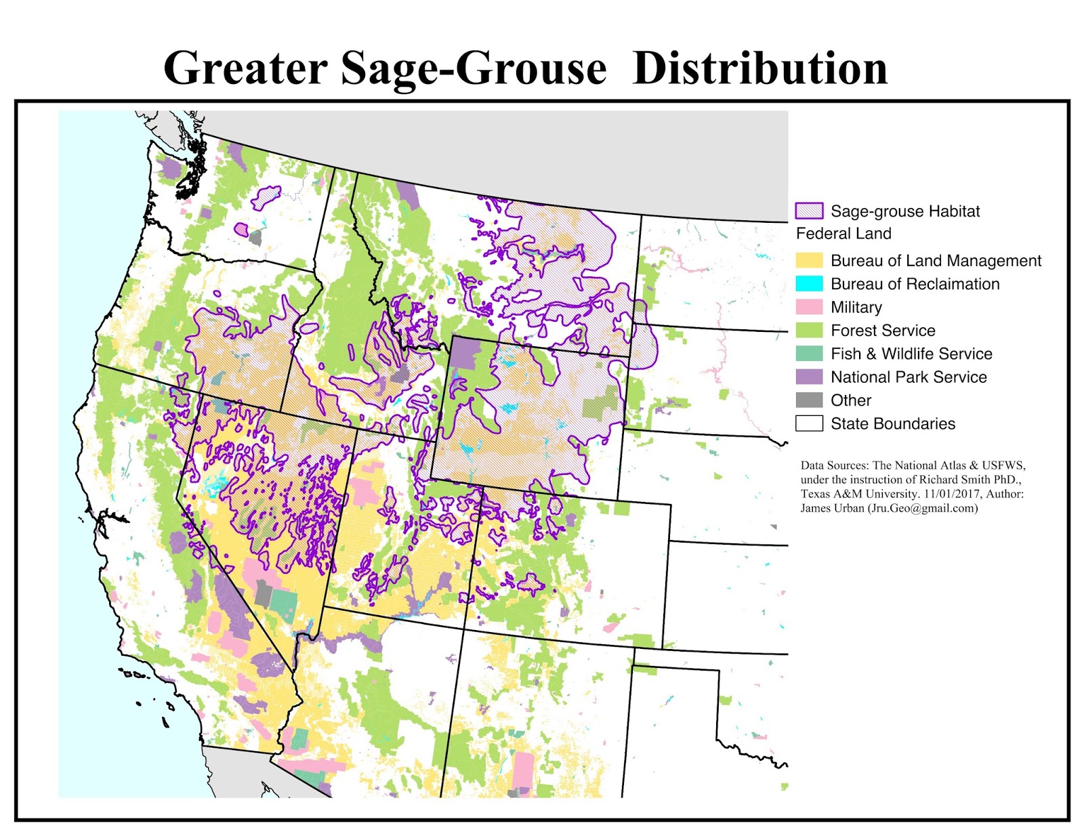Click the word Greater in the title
tap(245, 68)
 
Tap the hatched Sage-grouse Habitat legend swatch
tap(809, 211)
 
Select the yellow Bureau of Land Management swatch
tap(809, 261)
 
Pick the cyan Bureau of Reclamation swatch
tap(809, 284)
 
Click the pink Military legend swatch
tap(809, 307)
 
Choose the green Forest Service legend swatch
tap(809, 331)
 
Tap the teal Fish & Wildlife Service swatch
tap(809, 354)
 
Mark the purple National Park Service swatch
tap(809, 377)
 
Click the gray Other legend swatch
tap(809, 400)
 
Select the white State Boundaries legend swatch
tap(809, 423)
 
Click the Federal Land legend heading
tap(843, 234)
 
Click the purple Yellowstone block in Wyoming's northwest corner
tap(465, 354)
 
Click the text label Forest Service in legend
tap(883, 331)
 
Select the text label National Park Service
tap(909, 377)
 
